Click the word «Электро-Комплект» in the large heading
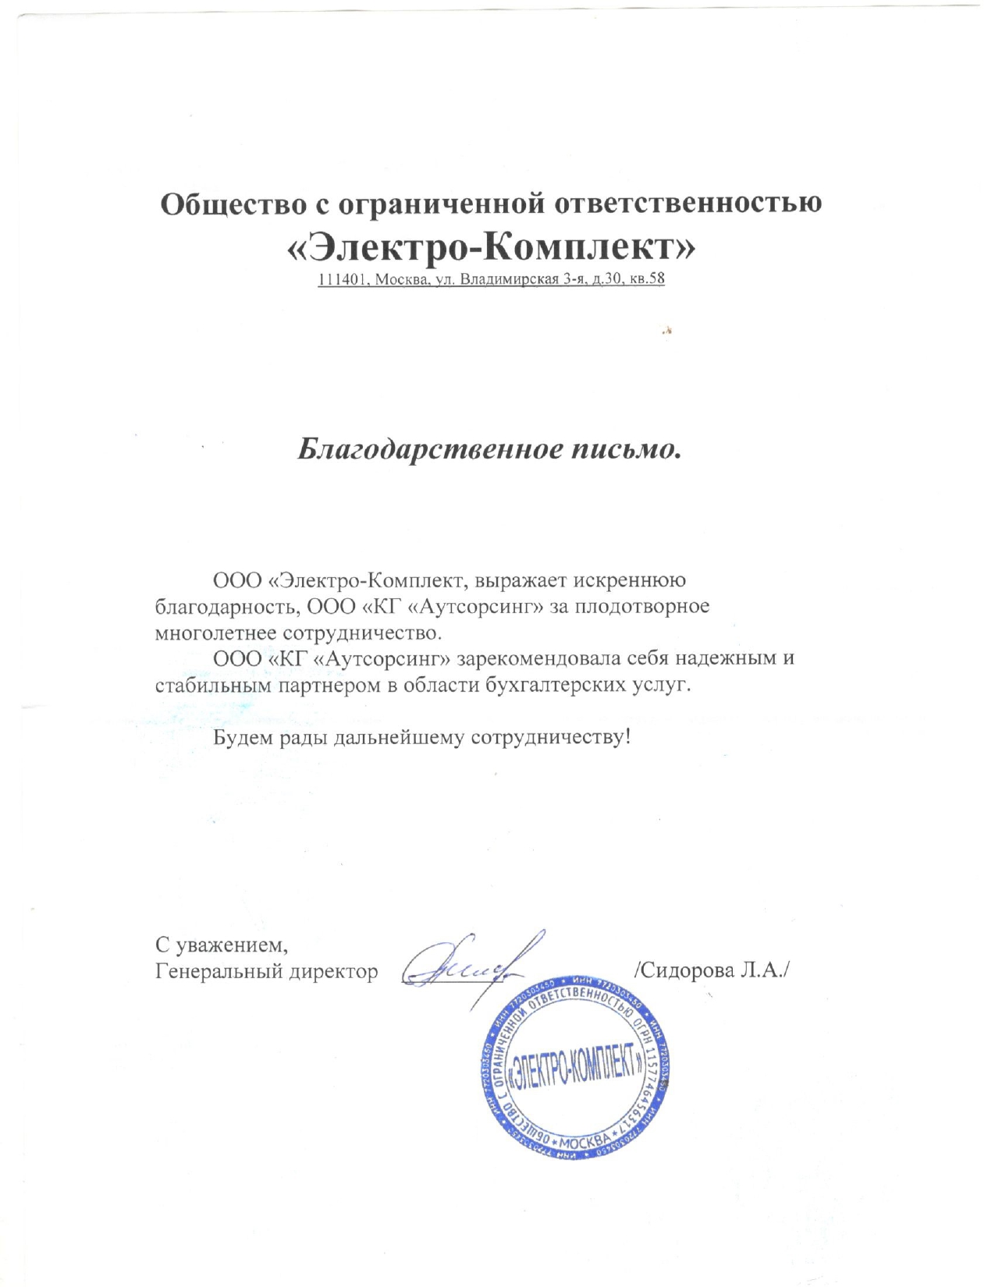click(491, 248)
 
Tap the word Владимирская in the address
click(508, 279)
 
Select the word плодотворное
click(642, 606)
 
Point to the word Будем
click(243, 737)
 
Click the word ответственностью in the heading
click(688, 204)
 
